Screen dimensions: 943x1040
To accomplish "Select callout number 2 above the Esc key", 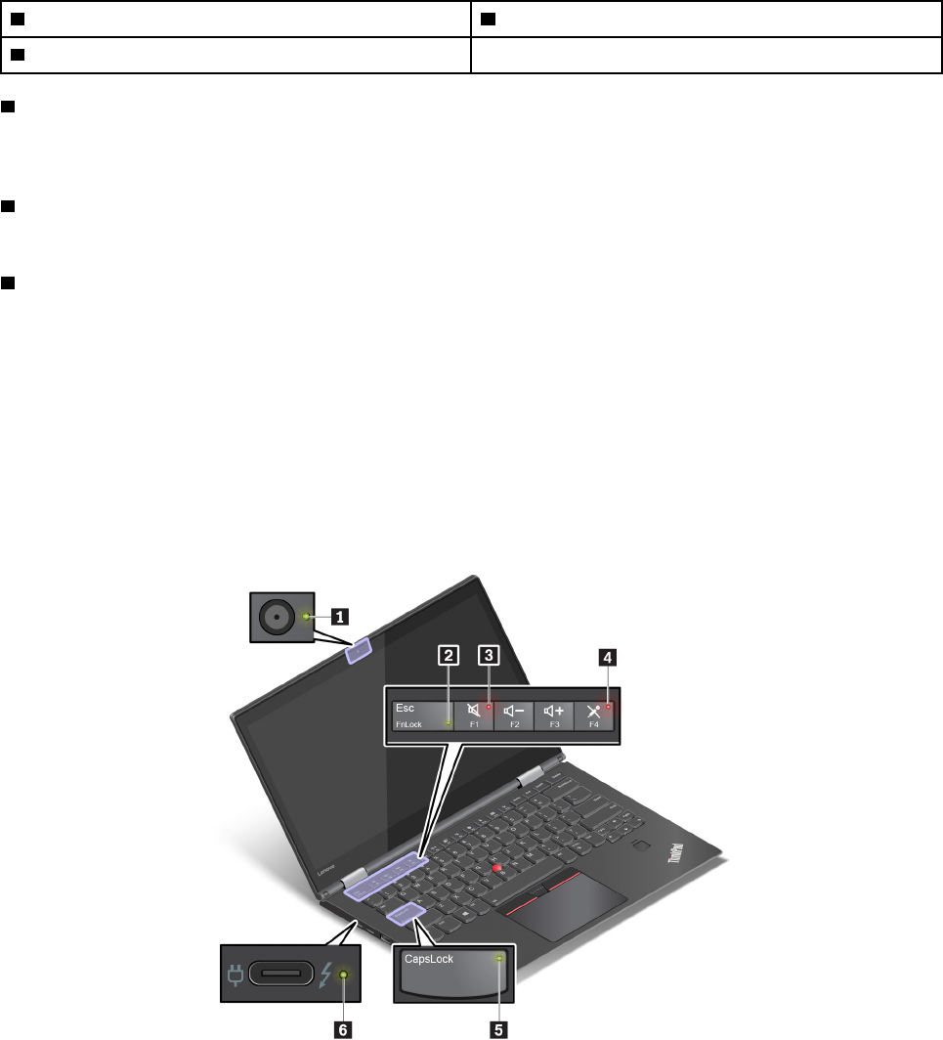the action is pos(448,657).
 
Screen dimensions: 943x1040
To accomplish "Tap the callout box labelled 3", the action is pos(488,657).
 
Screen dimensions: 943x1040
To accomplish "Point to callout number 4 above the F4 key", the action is pos(608,658).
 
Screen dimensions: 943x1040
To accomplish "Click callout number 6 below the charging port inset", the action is pos(342,1028).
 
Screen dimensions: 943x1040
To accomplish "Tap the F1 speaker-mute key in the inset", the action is pos(474,715).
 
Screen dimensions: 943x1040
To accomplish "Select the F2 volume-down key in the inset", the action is pos(514,715).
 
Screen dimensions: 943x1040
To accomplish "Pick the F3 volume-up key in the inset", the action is pos(554,715).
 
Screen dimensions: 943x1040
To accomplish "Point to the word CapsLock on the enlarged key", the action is pos(429,960).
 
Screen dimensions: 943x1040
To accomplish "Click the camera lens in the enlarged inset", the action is pos(279,617).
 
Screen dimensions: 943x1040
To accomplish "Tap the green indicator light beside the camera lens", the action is pos(308,617).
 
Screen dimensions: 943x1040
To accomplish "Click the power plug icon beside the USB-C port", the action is pos(235,975).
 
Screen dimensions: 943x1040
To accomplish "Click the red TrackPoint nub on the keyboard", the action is pos(497,868).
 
